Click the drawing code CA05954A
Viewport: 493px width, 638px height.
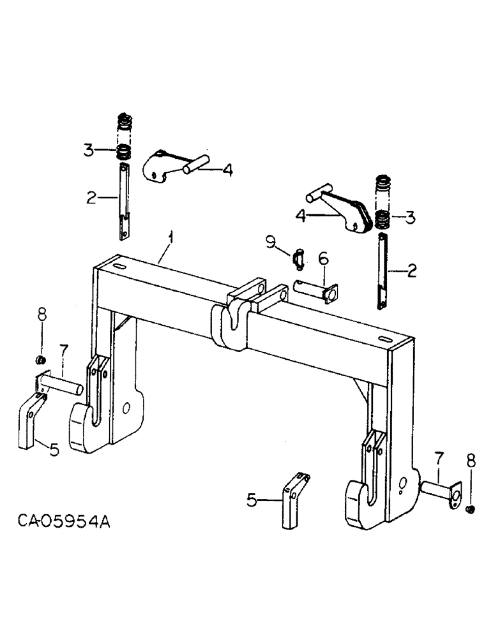tap(64, 522)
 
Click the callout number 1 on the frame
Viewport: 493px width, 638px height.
tap(170, 239)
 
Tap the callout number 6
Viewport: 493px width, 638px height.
tap(323, 258)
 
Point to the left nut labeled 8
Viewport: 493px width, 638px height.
tap(42, 362)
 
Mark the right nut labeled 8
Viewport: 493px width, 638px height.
tap(471, 508)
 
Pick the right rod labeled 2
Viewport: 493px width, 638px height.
tap(383, 271)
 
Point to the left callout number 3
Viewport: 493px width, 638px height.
tap(89, 151)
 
